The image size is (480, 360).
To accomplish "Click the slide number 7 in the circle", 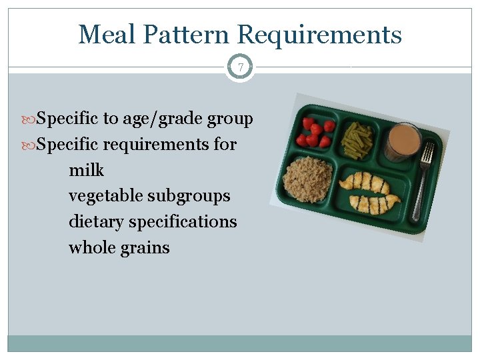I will click(x=240, y=67).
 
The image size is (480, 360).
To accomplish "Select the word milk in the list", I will click(x=87, y=171).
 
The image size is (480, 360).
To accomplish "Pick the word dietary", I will click(x=95, y=221).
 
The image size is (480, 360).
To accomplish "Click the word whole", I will click(x=91, y=247).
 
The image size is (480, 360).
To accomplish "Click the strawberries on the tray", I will click(x=315, y=132).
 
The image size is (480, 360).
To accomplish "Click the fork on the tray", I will click(x=422, y=180).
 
